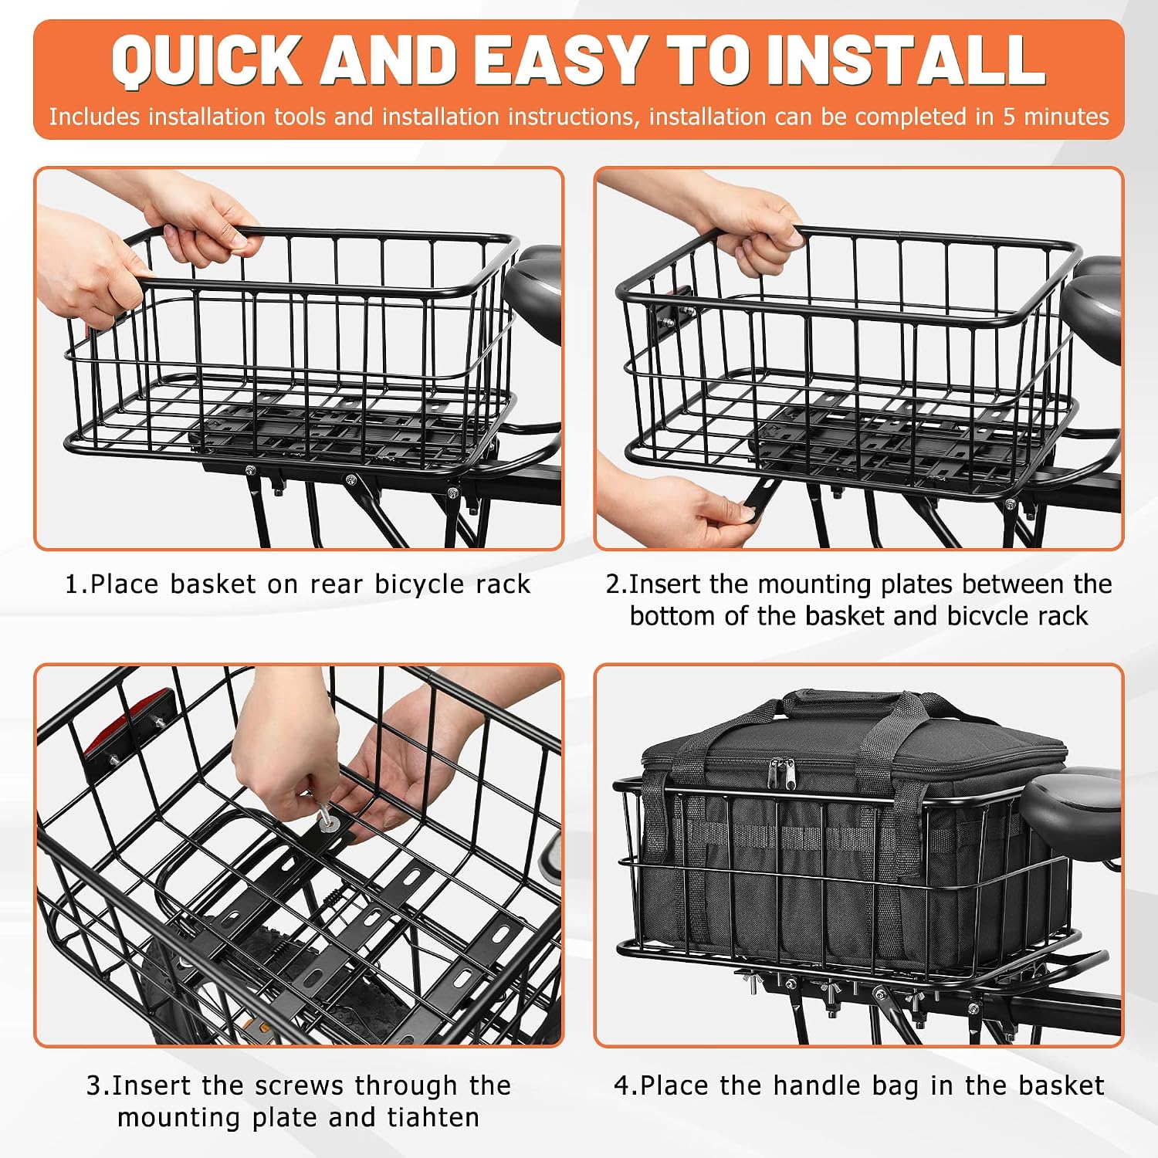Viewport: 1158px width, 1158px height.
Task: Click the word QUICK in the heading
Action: (207, 60)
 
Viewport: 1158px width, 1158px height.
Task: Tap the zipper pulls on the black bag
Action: (785, 773)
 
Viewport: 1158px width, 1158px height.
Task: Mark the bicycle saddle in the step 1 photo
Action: (533, 289)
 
